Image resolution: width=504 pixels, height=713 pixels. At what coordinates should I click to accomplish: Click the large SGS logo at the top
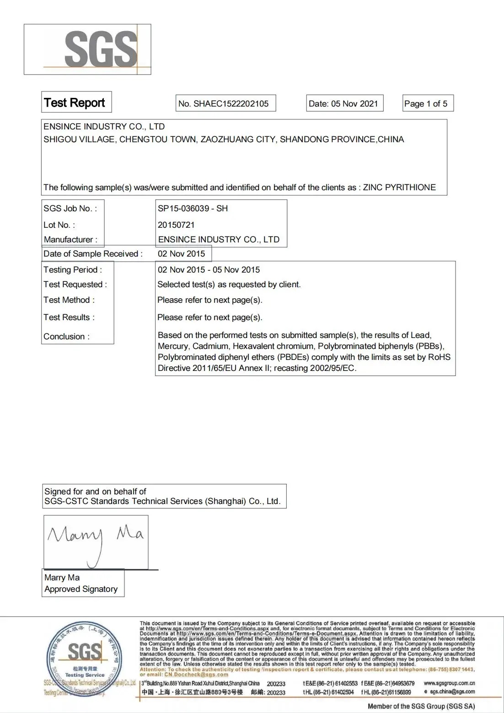(x=101, y=49)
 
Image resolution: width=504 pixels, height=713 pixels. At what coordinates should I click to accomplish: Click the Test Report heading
(x=75, y=103)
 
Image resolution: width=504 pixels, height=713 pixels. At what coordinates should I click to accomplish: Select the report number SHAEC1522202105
(x=231, y=104)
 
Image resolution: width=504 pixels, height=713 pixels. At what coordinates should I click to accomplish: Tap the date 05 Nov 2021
(x=354, y=104)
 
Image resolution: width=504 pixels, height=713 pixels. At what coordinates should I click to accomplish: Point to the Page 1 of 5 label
(x=426, y=104)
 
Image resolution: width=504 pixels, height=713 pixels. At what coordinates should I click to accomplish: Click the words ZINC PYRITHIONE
(x=399, y=188)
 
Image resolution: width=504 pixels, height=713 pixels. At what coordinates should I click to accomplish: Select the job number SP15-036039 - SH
(x=193, y=209)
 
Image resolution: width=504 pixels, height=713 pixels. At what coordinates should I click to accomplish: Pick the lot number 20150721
(x=176, y=225)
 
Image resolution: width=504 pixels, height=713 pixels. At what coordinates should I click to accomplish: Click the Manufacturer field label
(x=70, y=240)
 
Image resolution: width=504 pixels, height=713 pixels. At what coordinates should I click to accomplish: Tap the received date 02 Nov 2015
(x=181, y=254)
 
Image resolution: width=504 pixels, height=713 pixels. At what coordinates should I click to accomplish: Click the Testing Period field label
(x=72, y=270)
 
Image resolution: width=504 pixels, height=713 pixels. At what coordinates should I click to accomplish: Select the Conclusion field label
(x=66, y=337)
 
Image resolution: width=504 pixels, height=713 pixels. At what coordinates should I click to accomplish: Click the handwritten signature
(x=95, y=540)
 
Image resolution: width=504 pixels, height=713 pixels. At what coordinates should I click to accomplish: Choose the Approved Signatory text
(x=81, y=589)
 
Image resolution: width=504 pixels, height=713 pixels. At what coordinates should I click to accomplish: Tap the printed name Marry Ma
(x=62, y=578)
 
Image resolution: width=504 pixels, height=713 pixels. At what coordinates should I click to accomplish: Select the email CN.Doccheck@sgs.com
(x=196, y=675)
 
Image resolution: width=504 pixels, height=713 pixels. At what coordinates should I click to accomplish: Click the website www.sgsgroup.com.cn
(x=449, y=683)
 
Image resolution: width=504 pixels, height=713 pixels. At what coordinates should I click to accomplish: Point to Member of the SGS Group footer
(x=421, y=707)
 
